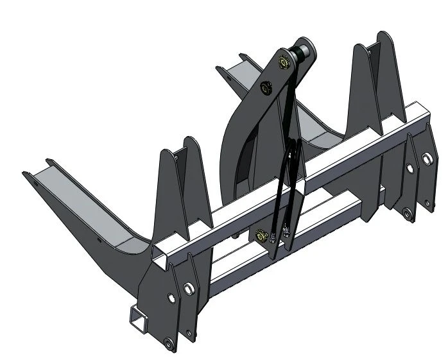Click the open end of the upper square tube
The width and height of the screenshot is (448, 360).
coord(160,261)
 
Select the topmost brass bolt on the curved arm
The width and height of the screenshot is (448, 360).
coord(282,62)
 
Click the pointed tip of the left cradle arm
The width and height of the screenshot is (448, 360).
coord(26,173)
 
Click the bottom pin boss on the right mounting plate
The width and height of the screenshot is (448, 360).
coord(406,212)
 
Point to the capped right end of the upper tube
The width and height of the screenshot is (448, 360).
coord(418,116)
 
